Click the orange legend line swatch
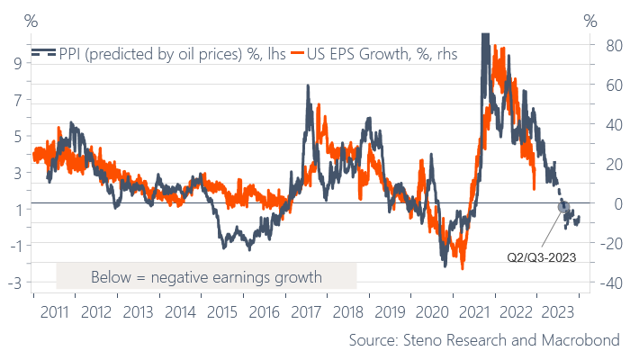[x=304, y=52]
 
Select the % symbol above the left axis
[x=31, y=20]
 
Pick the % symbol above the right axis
[x=590, y=20]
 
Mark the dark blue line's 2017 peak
[x=309, y=86]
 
